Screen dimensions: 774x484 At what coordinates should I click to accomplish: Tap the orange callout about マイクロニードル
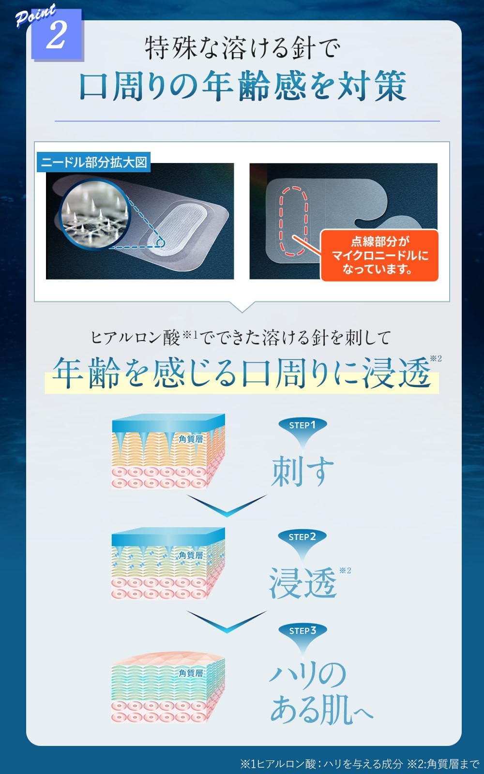380,255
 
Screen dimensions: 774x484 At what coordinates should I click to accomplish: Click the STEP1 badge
302,425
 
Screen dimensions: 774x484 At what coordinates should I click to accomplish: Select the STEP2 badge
302,537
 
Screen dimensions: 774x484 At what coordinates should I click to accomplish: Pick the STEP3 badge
302,631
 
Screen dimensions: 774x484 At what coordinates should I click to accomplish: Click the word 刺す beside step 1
302,470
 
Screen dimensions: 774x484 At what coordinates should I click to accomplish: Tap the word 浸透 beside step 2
302,583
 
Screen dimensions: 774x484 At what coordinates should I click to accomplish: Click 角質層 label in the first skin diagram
191,439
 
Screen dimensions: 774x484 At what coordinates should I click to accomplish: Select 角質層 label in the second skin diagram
191,555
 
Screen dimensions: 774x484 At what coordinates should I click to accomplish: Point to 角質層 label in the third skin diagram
191,673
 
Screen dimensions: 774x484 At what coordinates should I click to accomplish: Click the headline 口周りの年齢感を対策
242,87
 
